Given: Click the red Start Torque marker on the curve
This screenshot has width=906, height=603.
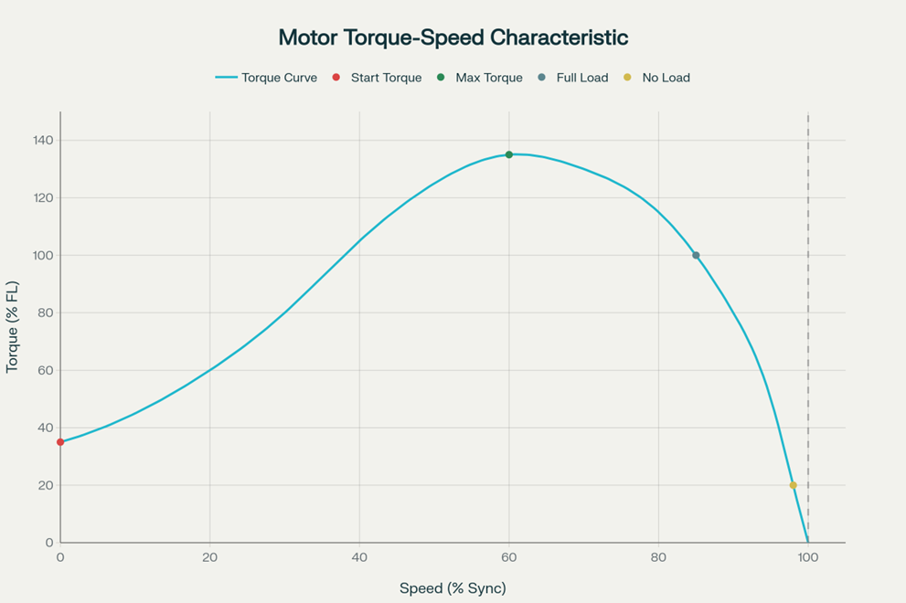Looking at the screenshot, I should click(60, 442).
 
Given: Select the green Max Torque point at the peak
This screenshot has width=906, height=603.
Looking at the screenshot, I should click(509, 154).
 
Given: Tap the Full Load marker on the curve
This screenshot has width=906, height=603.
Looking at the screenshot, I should click(696, 256).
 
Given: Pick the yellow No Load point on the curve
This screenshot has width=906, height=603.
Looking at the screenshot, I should click(793, 485).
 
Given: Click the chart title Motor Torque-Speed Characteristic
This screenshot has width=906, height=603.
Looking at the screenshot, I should click(453, 37).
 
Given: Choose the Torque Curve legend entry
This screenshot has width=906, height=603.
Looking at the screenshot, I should click(266, 78).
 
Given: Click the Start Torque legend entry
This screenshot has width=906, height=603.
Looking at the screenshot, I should click(378, 78).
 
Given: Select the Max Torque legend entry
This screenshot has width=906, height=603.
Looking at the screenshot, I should click(481, 78).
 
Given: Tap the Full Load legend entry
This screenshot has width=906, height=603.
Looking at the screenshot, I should click(573, 78).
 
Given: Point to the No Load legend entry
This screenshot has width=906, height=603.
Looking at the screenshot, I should click(657, 78).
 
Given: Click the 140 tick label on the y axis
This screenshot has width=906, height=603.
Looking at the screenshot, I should click(43, 141).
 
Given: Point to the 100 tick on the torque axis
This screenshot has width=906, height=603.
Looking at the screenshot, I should click(43, 256).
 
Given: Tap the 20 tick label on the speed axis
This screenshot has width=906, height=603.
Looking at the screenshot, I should click(209, 557).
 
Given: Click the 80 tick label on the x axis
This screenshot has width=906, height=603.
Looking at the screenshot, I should click(658, 557).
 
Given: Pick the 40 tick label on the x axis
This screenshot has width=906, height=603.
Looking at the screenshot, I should click(359, 557).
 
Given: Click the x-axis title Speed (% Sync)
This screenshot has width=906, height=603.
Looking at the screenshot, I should click(453, 587).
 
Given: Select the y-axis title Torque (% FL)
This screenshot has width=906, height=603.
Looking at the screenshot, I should click(13, 327).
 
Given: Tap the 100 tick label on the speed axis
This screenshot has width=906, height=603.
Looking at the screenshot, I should click(808, 557).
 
